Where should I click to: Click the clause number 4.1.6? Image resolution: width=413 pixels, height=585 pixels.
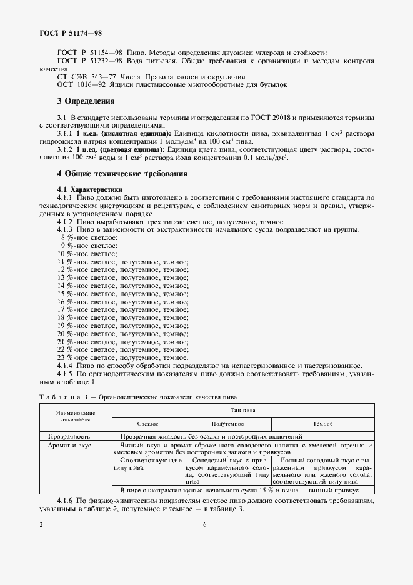[65, 501]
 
